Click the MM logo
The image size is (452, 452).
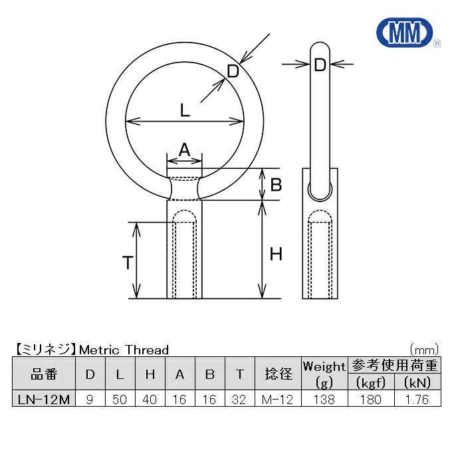point(405,33)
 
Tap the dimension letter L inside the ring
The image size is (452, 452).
point(185,110)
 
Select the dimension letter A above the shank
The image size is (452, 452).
point(185,150)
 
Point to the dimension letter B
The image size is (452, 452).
point(276,185)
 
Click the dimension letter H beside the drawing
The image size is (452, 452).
point(276,254)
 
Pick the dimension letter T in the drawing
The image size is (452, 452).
point(128,263)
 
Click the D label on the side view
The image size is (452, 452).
point(320,65)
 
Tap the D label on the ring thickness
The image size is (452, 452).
point(233,71)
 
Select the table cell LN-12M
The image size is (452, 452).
point(44,399)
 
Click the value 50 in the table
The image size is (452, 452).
point(120,399)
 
